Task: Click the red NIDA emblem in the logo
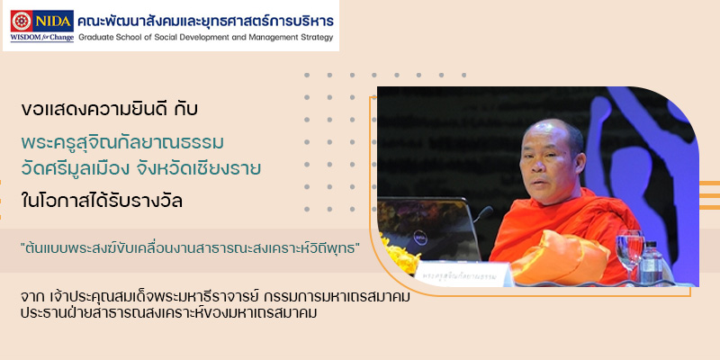22,21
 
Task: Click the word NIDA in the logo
53,21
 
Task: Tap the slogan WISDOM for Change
41,38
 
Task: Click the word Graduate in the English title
94,38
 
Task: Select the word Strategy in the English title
318,38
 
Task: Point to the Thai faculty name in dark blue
205,20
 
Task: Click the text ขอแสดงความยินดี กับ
109,110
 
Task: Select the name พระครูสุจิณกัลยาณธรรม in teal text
122,143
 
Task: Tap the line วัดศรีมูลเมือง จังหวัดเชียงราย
141,168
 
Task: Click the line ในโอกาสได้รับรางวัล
102,201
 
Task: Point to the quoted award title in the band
190,251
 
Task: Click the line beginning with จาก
215,298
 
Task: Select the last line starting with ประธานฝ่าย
169,313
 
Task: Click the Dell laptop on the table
428,229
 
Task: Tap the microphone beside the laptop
483,213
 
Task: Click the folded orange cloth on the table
560,257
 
